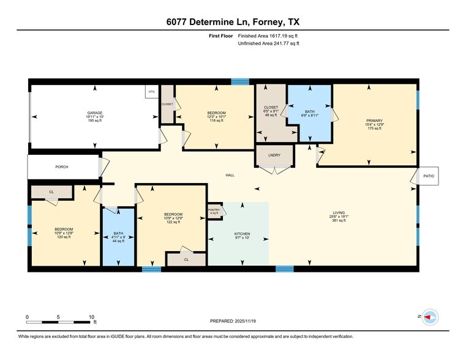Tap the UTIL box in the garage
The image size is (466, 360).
tap(151, 92)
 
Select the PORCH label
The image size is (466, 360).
tap(62, 167)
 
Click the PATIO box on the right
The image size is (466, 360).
tap(429, 176)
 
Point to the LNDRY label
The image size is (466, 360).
tap(274, 155)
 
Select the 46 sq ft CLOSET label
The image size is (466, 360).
tap(271, 111)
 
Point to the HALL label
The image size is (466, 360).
tap(230, 175)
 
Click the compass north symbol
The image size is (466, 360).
tap(430, 317)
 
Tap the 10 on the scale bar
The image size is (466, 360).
tap(91, 317)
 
